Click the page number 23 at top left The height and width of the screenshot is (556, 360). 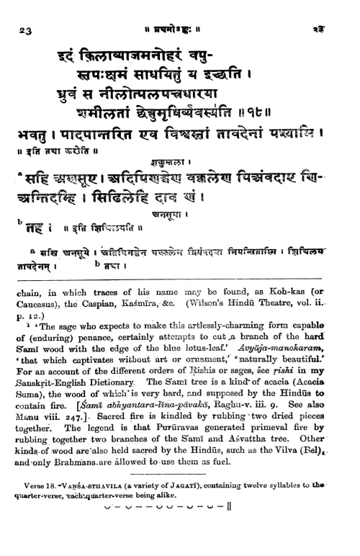point(24,30)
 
